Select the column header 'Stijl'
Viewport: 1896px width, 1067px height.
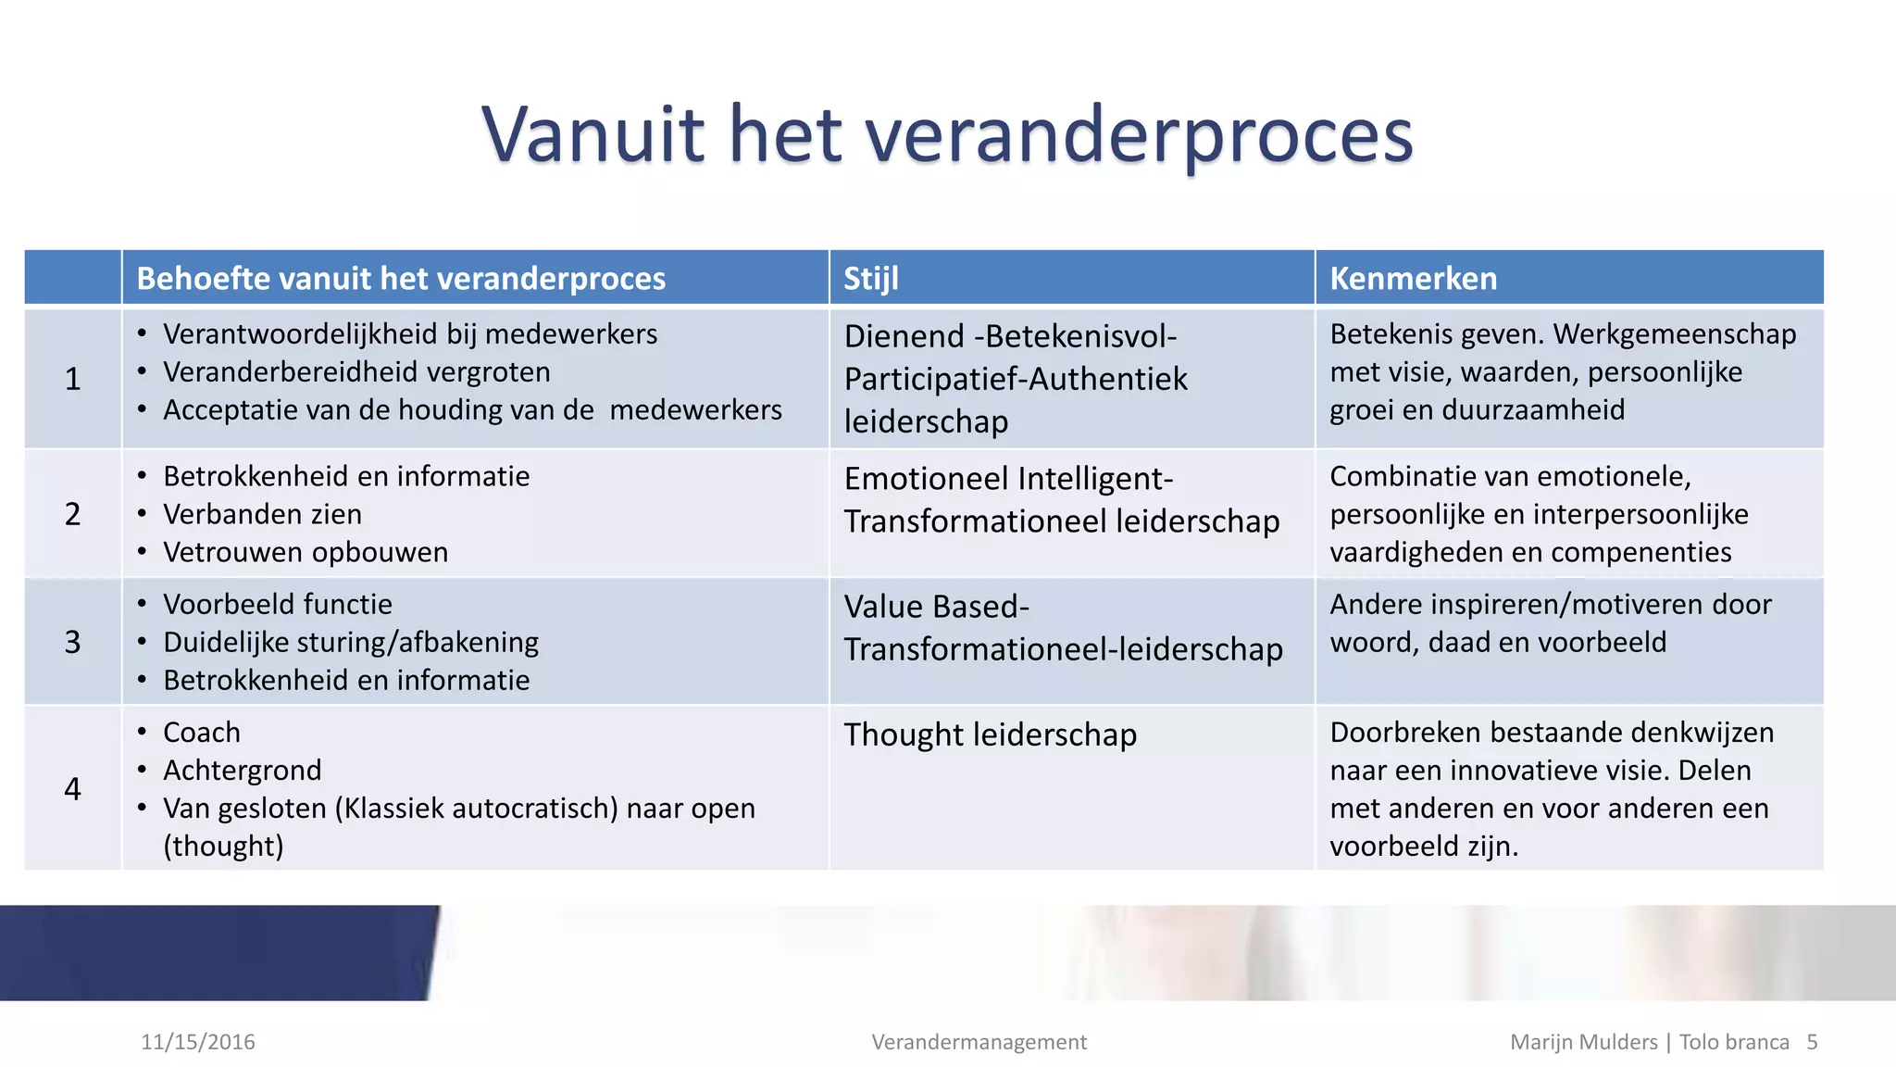click(871, 278)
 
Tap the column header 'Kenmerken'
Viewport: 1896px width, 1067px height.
click(1413, 278)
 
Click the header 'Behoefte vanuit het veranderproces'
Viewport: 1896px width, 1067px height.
click(401, 278)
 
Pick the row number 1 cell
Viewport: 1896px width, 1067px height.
click(73, 379)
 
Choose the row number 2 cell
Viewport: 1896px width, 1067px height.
click(73, 514)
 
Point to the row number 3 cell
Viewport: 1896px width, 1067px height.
click(73, 642)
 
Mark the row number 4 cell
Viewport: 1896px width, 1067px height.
click(73, 788)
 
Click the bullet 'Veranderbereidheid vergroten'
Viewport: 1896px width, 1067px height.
click(356, 371)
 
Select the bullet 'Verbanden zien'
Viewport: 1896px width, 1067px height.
click(262, 514)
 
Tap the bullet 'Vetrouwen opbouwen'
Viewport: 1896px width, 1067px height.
click(306, 552)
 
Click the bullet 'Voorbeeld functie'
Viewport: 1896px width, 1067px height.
click(278, 604)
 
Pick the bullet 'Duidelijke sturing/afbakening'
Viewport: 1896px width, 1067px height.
click(351, 642)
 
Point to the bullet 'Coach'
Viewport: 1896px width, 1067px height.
click(202, 732)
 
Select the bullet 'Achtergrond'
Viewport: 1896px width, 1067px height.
click(243, 770)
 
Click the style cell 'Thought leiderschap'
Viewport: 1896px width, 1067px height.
click(991, 734)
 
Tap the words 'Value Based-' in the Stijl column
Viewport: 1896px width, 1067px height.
click(937, 607)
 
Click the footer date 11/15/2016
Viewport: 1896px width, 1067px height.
click(198, 1042)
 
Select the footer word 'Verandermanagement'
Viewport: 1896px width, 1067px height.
click(979, 1042)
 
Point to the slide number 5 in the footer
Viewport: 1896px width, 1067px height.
click(1812, 1042)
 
